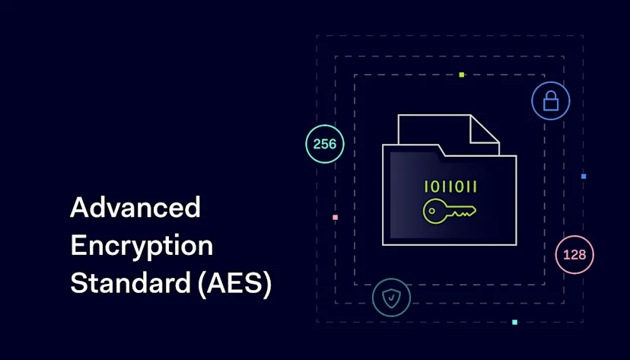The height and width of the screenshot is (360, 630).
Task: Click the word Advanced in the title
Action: [135, 207]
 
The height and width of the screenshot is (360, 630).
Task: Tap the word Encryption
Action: [142, 245]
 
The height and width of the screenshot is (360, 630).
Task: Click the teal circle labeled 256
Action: [325, 144]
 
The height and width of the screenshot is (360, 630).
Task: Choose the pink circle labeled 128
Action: [574, 255]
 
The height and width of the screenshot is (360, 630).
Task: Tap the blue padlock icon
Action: [551, 101]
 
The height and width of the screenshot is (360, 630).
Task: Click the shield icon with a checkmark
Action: [391, 298]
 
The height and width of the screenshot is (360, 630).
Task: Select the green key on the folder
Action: [449, 212]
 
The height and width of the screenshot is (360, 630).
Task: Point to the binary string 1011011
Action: [450, 186]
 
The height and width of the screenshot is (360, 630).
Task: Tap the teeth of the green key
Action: [465, 214]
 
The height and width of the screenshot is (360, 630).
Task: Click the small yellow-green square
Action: [462, 75]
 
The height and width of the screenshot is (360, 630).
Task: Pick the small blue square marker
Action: [584, 177]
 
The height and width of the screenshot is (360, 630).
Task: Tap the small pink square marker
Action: [335, 218]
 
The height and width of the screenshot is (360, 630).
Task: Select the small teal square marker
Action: [514, 322]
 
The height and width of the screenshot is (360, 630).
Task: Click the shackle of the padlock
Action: [551, 94]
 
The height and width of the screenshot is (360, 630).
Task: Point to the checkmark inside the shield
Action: [391, 298]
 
